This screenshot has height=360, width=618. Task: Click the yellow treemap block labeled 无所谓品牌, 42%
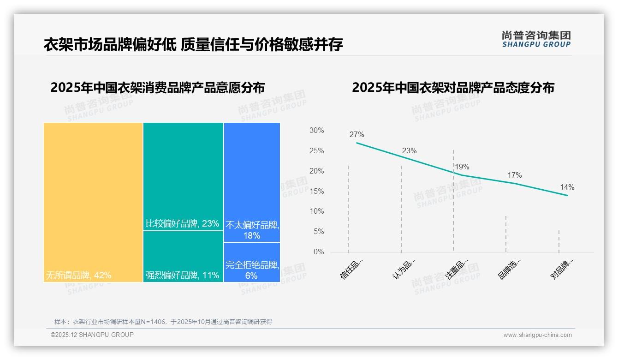pyautogui.click(x=93, y=202)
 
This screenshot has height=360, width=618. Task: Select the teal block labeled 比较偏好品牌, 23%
pyautogui.click(x=183, y=176)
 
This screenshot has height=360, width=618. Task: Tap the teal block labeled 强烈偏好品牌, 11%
pyautogui.click(x=183, y=256)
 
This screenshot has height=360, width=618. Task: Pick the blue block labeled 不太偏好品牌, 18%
pyautogui.click(x=252, y=182)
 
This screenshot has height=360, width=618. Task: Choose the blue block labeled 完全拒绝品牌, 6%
pyautogui.click(x=252, y=262)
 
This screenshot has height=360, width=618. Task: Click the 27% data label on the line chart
pyautogui.click(x=357, y=135)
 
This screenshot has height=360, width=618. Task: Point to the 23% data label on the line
pyautogui.click(x=409, y=151)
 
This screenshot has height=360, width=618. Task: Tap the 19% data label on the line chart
pyautogui.click(x=462, y=167)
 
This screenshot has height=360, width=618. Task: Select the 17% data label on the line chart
pyautogui.click(x=514, y=175)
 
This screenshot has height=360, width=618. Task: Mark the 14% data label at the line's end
pyautogui.click(x=567, y=187)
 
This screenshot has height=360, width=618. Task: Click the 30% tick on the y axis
pyautogui.click(x=316, y=131)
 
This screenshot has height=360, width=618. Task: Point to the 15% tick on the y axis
pyautogui.click(x=316, y=191)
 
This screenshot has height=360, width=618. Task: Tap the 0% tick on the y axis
pyautogui.click(x=319, y=252)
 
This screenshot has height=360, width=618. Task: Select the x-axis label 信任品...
pyautogui.click(x=352, y=269)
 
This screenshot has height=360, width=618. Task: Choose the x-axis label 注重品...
pyautogui.click(x=457, y=269)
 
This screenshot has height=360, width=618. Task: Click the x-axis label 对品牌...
pyautogui.click(x=562, y=269)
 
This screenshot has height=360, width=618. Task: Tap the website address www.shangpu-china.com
pyautogui.click(x=537, y=335)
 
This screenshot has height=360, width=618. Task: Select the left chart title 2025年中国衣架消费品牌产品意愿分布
pyautogui.click(x=157, y=87)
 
